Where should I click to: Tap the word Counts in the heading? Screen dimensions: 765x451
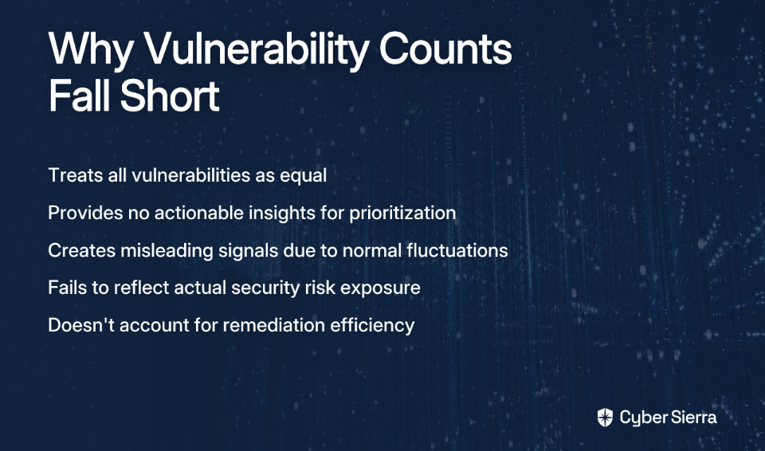(445, 49)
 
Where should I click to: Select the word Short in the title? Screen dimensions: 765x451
(170, 96)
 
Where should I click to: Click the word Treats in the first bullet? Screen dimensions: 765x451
(76, 175)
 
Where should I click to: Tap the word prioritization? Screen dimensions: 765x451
(402, 214)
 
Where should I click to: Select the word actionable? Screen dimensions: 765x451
(198, 214)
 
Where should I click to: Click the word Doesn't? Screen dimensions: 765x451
(81, 325)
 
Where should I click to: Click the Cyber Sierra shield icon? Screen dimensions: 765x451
(605, 418)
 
